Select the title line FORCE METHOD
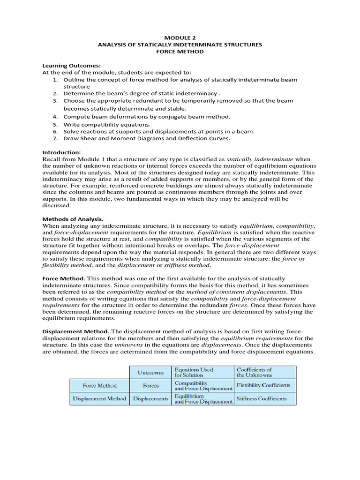[x=180, y=52]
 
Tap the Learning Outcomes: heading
[x=71, y=66]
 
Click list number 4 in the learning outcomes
[x=55, y=116]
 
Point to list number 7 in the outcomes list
[x=55, y=138]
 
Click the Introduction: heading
[x=61, y=152]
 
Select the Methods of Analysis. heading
[x=73, y=219]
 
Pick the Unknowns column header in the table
[x=150, y=373]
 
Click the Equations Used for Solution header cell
[x=193, y=372]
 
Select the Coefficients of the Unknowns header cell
[x=254, y=372]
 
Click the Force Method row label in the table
[x=99, y=386]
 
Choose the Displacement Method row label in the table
[x=99, y=399]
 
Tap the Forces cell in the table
[x=150, y=386]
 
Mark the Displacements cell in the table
[x=150, y=399]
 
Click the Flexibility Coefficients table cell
[x=263, y=386]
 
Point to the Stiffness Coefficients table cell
[x=261, y=399]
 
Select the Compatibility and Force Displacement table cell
[x=203, y=386]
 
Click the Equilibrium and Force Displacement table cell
[x=203, y=399]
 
